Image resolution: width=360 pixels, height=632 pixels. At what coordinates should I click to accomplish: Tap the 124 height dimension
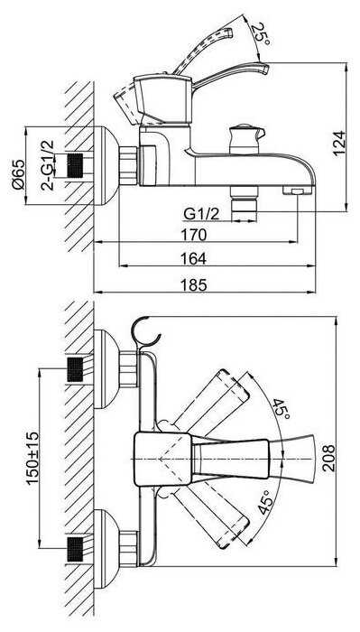pos(339,144)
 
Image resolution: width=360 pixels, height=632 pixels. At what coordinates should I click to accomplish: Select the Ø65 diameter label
pos(19,174)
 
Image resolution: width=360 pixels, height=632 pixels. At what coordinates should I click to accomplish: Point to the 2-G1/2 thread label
pos(48,165)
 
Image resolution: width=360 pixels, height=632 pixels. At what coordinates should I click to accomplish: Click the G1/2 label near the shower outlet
pos(201,214)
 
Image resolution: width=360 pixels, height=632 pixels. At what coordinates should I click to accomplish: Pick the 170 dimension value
pos(194,234)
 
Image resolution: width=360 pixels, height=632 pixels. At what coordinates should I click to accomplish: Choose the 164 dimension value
pos(194,258)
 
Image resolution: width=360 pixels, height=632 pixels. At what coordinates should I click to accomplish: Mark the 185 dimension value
pos(194,285)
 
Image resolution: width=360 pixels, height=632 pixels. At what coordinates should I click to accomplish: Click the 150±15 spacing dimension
pos(32,458)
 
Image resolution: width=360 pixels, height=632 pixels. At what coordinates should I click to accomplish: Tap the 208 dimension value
pos(328,458)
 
